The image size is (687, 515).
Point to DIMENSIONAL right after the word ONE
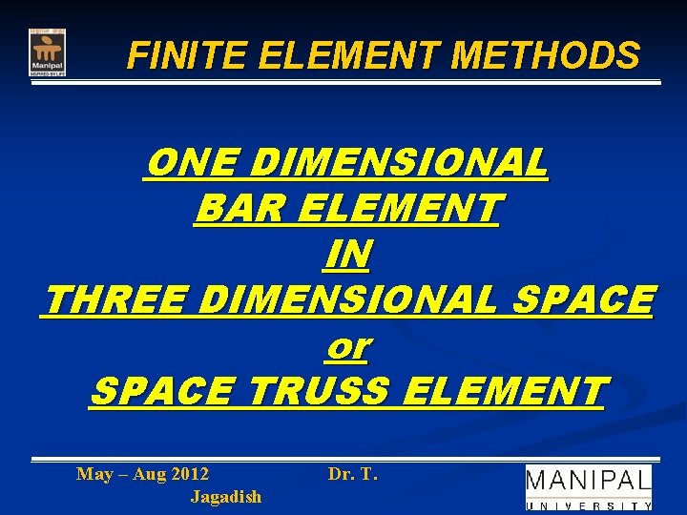tap(401, 163)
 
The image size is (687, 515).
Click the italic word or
tap(347, 347)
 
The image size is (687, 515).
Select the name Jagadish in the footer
tap(226, 496)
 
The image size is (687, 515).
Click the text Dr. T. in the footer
tap(353, 473)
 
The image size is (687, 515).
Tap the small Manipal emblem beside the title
tap(47, 52)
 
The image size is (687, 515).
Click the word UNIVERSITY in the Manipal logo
tap(589, 505)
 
